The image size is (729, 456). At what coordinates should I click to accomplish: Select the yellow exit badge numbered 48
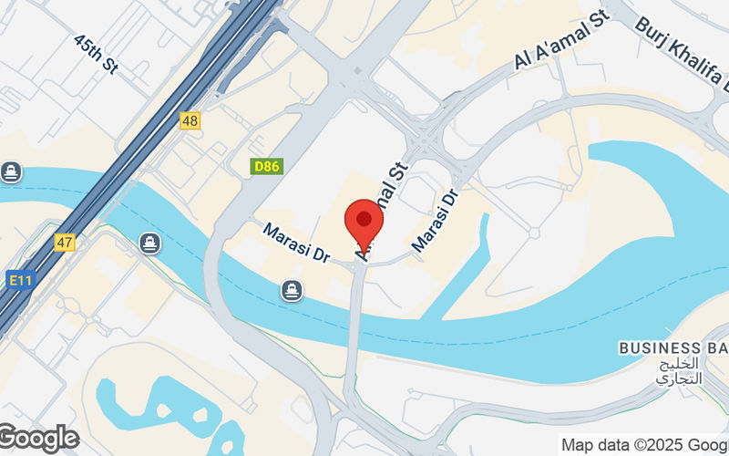(190, 120)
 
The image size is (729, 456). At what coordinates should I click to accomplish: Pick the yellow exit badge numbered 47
(64, 243)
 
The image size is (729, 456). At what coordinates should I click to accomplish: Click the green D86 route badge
(267, 167)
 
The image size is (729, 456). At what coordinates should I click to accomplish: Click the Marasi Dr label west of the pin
(295, 244)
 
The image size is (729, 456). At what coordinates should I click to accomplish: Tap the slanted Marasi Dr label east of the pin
(434, 221)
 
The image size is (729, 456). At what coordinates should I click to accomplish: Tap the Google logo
(38, 439)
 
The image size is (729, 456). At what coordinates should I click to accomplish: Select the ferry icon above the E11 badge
(11, 171)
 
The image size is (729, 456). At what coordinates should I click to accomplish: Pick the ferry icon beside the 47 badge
(149, 244)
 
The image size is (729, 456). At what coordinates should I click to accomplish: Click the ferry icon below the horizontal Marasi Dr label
(291, 290)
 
